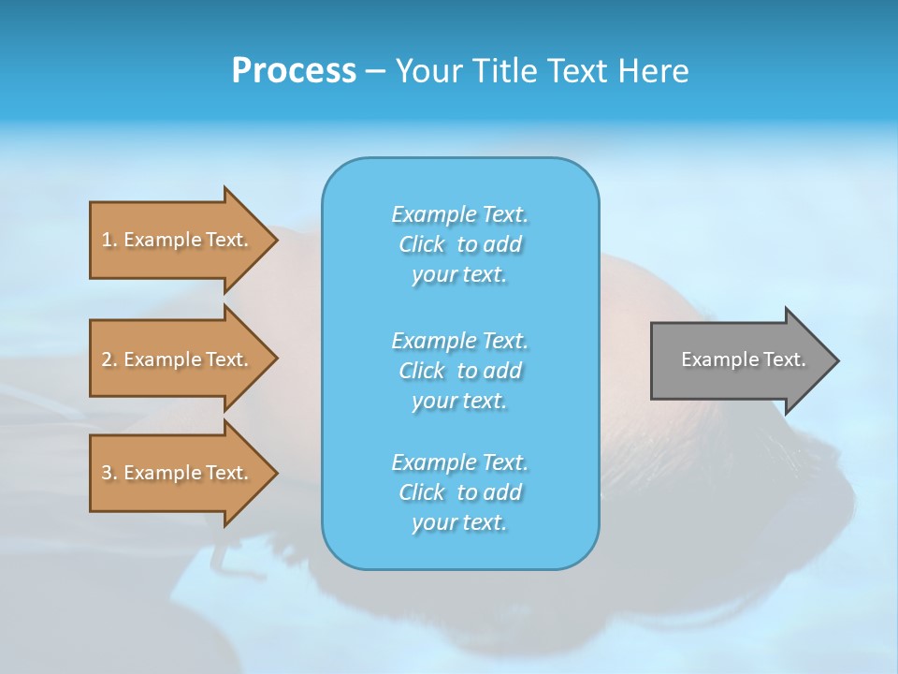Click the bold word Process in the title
294,71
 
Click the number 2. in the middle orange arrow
109,359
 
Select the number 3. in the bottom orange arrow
109,473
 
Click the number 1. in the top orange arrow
109,240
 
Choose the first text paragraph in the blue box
460,244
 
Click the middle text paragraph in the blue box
460,370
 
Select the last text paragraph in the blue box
460,492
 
